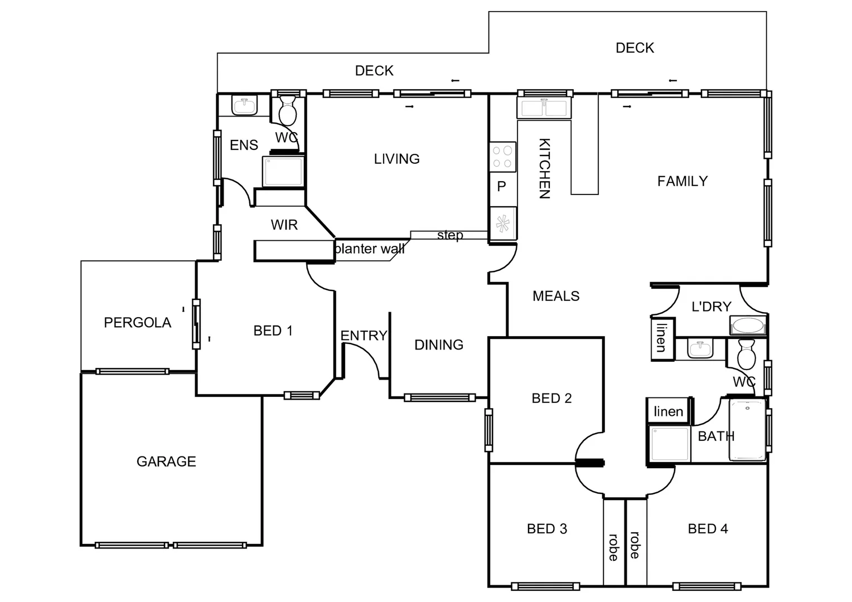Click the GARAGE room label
166,462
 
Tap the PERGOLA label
137,323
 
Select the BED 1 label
273,331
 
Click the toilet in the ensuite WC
288,111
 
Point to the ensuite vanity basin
244,105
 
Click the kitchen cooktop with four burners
502,157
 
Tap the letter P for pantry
501,187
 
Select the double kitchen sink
544,108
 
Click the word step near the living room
450,235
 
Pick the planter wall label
370,249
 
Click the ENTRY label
364,336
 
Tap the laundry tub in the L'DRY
748,326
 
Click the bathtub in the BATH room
748,430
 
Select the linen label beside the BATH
668,411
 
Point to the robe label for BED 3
613,547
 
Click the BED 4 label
708,528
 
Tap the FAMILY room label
682,181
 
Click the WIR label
284,225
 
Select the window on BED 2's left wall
488,430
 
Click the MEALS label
556,296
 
